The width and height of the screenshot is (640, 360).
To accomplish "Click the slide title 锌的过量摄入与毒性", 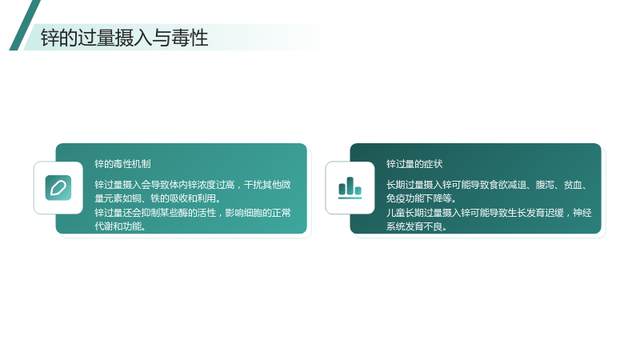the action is [125, 38].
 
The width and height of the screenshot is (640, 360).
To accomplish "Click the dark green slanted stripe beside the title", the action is [25, 26].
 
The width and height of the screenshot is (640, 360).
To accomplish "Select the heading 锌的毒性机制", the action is [122, 164].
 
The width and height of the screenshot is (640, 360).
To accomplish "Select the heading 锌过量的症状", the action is [414, 164].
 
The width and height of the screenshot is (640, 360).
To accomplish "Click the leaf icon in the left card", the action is [58, 188].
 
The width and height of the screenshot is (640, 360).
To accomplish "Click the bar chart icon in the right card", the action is [350, 188].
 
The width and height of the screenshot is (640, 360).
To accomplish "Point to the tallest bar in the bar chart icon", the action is [350, 186].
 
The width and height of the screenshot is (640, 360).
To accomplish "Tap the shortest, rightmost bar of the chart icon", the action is [358, 190].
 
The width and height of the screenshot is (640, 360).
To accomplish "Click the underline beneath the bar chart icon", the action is [350, 198].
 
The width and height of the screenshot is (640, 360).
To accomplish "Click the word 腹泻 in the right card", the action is [545, 185].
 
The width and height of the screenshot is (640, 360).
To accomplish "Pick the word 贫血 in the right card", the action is [573, 185].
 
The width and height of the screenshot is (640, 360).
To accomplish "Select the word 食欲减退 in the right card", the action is [507, 185].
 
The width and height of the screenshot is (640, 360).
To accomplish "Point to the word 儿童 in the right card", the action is [395, 213].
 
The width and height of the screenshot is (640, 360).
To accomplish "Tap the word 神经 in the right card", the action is [582, 213].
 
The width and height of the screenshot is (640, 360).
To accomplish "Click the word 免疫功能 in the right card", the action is [405, 198].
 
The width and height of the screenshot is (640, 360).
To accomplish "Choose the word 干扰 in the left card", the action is [253, 185].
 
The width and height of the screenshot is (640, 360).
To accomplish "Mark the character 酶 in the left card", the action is [184, 213].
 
